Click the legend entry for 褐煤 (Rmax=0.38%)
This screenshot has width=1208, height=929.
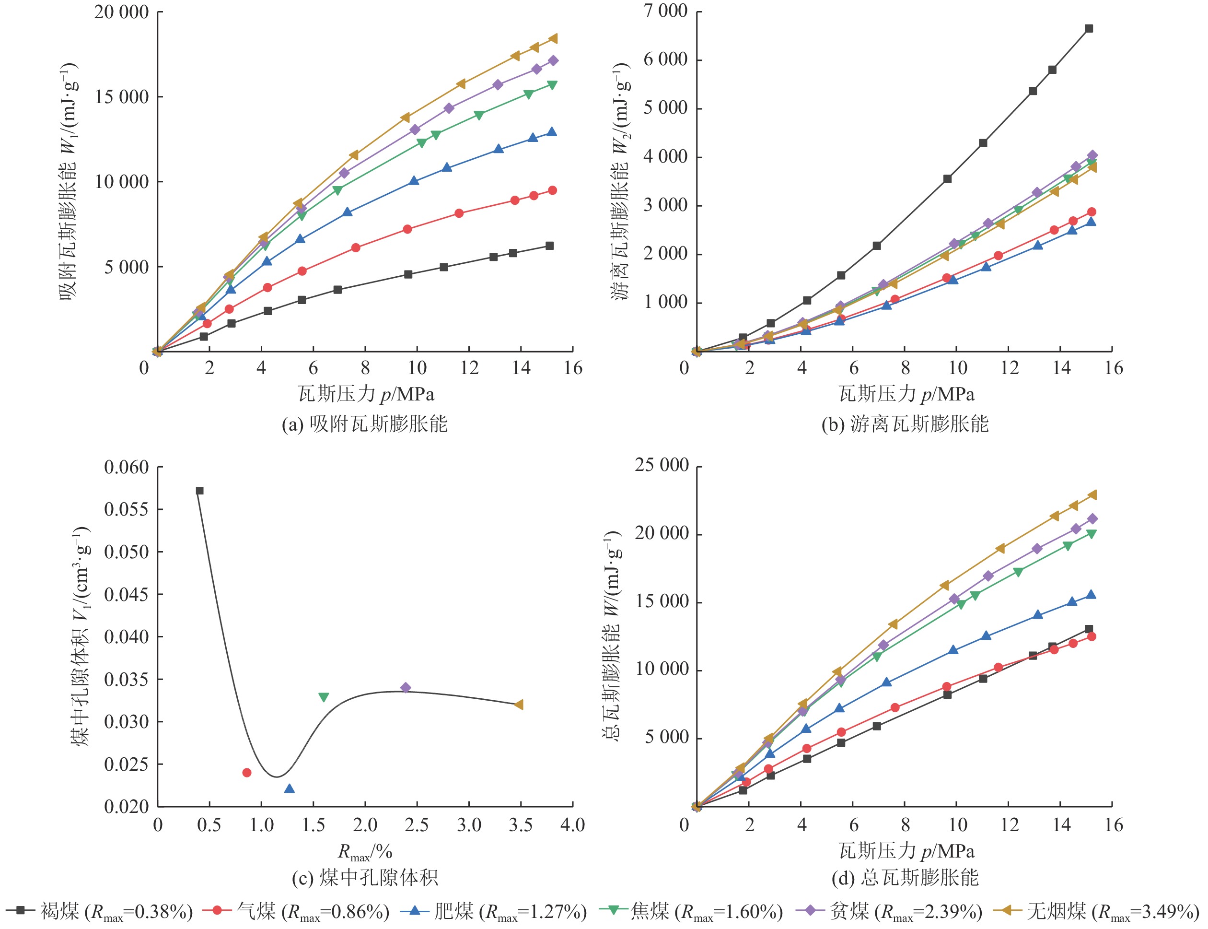100,911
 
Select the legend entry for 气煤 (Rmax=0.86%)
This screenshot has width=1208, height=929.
296,911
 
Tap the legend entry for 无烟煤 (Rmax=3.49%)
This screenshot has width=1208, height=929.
1096,911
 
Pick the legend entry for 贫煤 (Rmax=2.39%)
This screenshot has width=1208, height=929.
889,911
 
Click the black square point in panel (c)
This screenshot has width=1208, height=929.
199,491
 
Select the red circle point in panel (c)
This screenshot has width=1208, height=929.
246,773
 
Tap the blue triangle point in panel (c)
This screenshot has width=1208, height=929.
289,788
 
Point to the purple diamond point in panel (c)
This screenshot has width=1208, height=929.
405,688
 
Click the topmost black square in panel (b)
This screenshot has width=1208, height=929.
1089,29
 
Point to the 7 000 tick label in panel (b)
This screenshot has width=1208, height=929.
665,11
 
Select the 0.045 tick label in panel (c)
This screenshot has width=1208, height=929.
127,594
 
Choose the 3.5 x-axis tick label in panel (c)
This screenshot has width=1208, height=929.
521,825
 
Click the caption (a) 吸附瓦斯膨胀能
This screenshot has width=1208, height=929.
365,424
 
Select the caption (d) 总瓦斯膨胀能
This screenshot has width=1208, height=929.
905,878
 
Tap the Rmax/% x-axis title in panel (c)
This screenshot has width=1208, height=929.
365,852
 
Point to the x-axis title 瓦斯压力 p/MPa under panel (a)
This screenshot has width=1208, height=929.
366,394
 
